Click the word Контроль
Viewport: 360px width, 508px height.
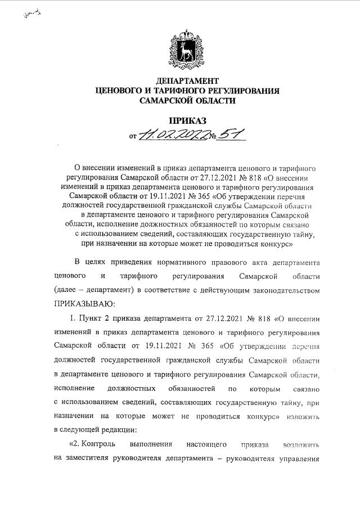click(97, 443)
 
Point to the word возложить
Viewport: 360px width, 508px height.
click(303, 444)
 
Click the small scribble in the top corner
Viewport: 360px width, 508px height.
click(32, 14)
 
